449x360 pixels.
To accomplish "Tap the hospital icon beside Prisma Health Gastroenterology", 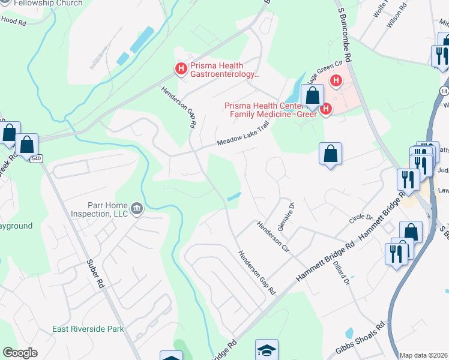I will [x=180, y=70].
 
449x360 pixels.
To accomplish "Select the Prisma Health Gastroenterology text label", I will [x=225, y=70].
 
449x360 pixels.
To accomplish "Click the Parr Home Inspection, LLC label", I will [x=99, y=209].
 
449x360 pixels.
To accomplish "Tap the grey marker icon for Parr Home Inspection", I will [x=137, y=209].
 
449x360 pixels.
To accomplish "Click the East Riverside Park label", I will [x=88, y=329].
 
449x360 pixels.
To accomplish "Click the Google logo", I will [x=20, y=353].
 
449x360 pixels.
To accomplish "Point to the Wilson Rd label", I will [x=398, y=11].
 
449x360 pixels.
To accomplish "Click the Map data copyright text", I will [x=423, y=355].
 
